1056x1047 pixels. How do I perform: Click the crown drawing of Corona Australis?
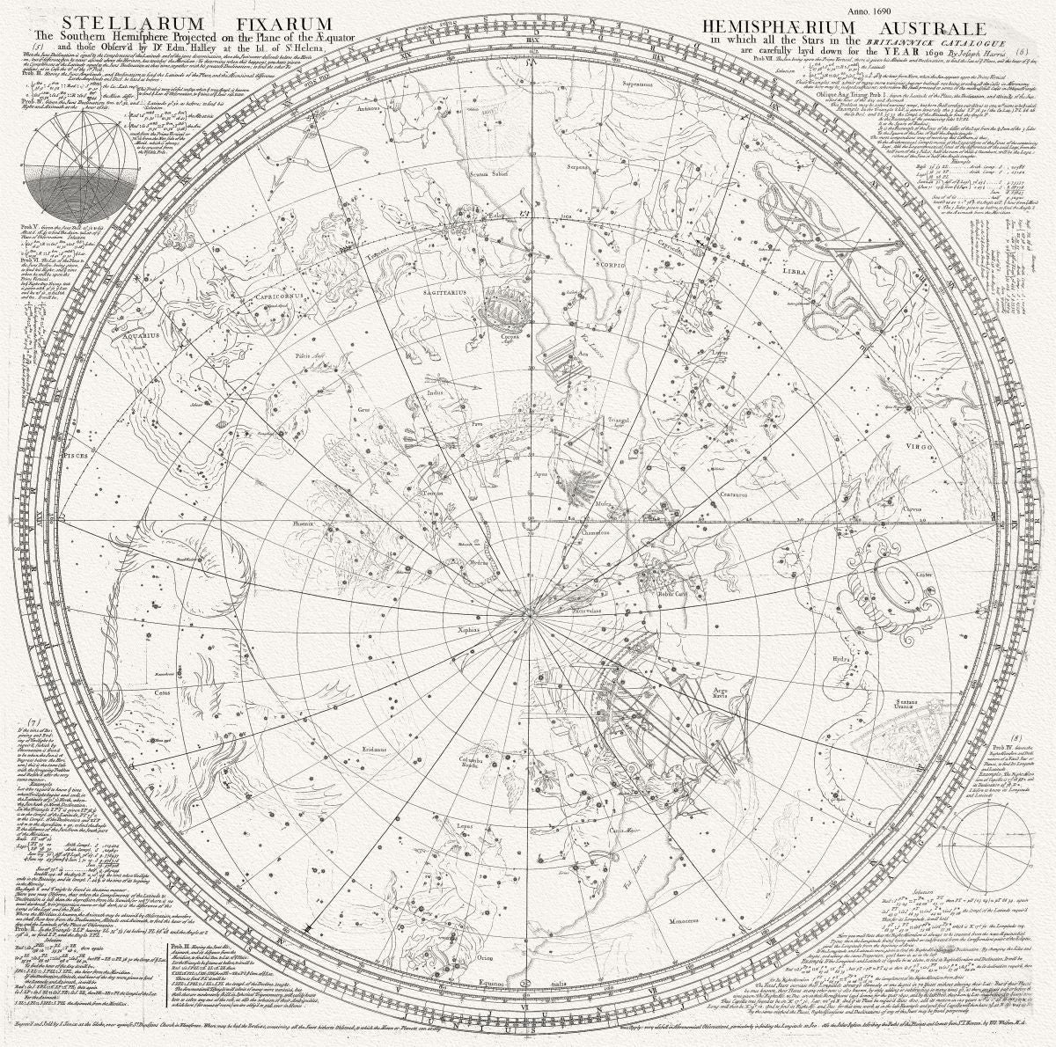[504, 311]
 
